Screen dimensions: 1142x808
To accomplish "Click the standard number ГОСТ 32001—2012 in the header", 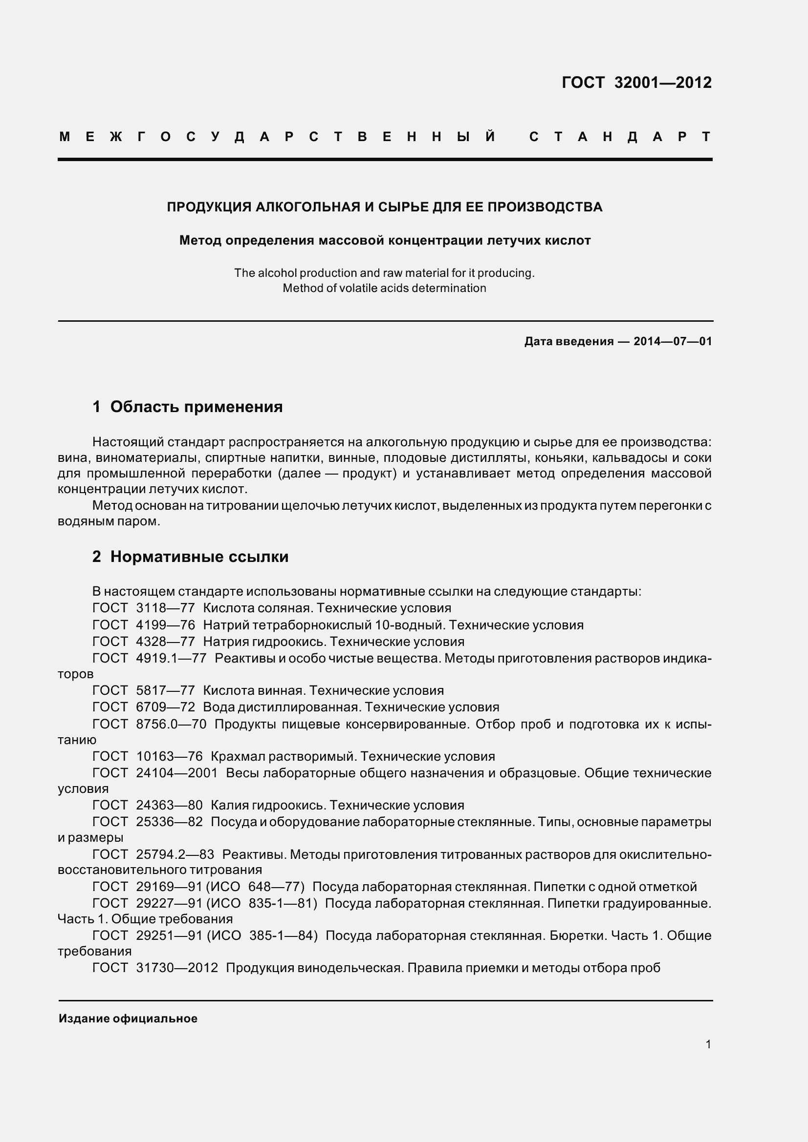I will (x=637, y=83).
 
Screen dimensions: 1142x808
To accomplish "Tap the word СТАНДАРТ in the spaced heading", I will (x=620, y=137).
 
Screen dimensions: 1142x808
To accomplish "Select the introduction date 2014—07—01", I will (x=673, y=341).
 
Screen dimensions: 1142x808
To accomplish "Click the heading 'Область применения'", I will (x=196, y=407).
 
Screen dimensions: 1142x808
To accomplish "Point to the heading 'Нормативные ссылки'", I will (x=199, y=557).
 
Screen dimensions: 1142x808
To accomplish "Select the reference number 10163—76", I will (x=169, y=756).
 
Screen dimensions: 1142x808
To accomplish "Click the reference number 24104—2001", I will (x=177, y=773).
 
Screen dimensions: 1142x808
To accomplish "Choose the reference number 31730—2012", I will (x=177, y=968).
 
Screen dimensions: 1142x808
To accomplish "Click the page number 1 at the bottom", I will (x=708, y=1044).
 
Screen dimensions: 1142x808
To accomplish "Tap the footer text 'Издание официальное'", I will (x=128, y=1018).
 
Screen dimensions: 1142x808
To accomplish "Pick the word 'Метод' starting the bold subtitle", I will (x=200, y=241).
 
